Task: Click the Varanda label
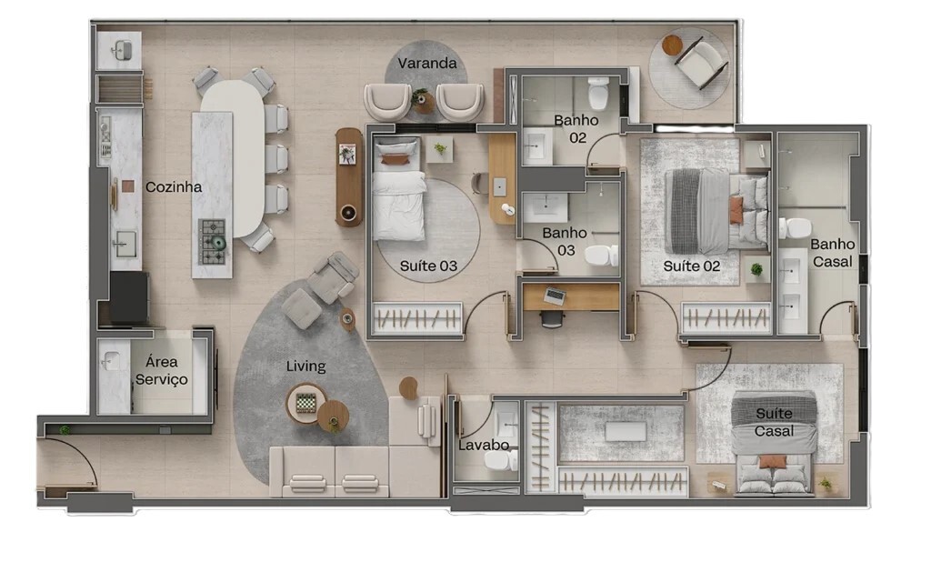(x=427, y=63)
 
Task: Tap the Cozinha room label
(x=174, y=187)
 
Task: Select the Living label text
(x=305, y=366)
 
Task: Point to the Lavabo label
(x=484, y=445)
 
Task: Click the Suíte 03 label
(x=428, y=266)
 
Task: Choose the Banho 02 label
(x=576, y=129)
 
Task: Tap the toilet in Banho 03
(x=602, y=256)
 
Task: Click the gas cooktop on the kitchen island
(x=213, y=242)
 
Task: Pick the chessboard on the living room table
(x=305, y=403)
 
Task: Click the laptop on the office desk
(x=555, y=296)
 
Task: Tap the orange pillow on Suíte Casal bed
(x=772, y=462)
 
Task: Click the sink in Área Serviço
(x=110, y=361)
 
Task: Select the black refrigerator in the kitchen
(x=129, y=298)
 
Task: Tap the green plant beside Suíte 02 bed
(x=756, y=270)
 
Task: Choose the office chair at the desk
(x=552, y=319)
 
